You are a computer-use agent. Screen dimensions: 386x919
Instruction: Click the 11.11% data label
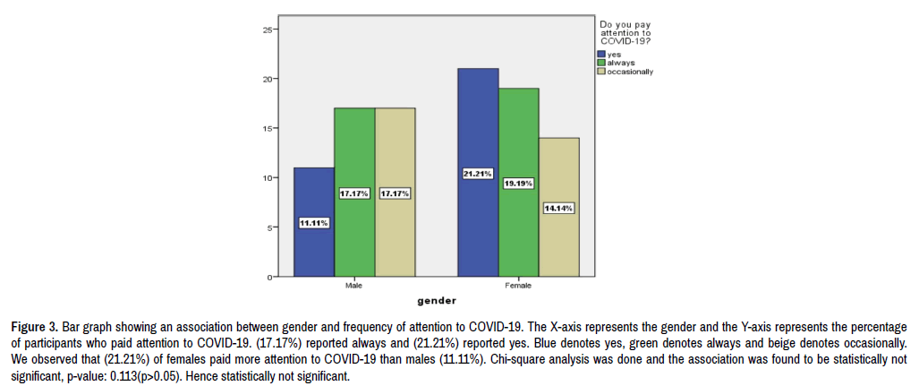tap(314, 223)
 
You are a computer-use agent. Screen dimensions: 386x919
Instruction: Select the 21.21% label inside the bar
tap(478, 173)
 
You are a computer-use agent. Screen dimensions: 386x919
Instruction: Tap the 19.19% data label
tap(519, 183)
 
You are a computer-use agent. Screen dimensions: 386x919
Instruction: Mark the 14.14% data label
tap(559, 208)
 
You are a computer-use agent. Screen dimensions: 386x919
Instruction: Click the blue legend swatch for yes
tap(602, 55)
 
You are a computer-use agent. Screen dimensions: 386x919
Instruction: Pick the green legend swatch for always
tap(602, 63)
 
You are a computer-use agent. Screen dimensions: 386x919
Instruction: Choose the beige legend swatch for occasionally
tap(602, 72)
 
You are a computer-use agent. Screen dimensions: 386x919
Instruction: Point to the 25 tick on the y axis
tap(267, 30)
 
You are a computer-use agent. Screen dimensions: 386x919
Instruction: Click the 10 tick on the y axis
tap(267, 178)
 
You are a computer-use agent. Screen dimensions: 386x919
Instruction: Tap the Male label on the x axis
tap(354, 286)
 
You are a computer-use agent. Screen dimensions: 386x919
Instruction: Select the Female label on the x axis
tap(518, 286)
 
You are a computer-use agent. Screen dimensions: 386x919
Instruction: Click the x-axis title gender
tap(436, 300)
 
